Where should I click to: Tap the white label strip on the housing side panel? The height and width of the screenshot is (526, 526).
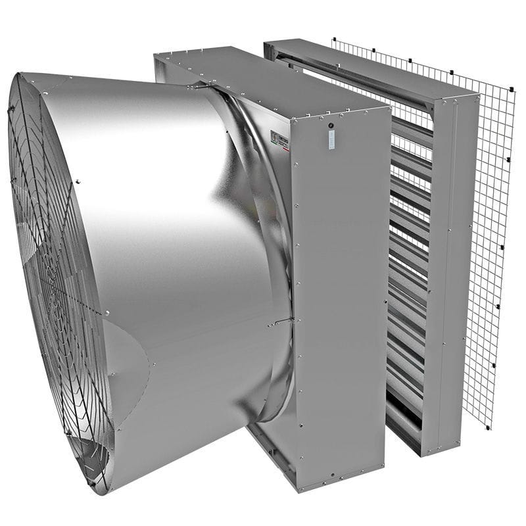331,139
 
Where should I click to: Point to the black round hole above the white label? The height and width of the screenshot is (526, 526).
331,124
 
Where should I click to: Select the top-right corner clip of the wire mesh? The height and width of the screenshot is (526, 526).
512,87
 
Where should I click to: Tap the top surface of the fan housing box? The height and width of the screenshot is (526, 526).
263,76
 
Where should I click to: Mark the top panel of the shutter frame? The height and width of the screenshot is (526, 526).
368,66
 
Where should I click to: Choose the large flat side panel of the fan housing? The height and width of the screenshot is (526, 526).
339,296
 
